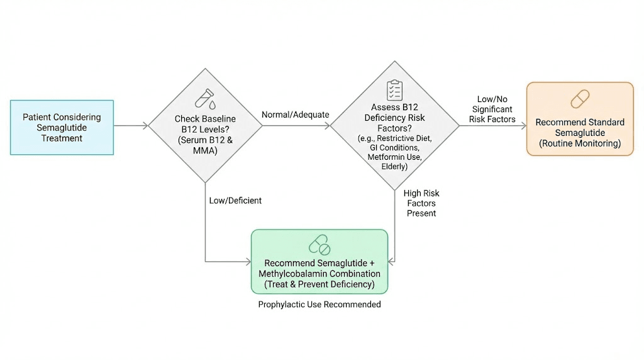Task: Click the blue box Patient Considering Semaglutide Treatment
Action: click(62, 127)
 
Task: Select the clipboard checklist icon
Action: click(394, 90)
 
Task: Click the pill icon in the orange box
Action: click(580, 99)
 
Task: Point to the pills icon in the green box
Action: click(319, 245)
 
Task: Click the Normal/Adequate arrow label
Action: click(295, 115)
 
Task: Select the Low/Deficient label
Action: click(235, 200)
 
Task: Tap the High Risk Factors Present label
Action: click(421, 203)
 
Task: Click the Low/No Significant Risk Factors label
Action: click(492, 110)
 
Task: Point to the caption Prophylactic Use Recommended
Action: click(319, 305)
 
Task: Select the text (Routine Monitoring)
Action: click(580, 143)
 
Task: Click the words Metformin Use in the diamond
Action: click(394, 157)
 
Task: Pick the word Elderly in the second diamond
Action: click(394, 167)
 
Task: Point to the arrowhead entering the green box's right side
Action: click(391, 261)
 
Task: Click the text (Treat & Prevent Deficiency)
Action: click(319, 284)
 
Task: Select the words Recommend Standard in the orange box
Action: click(580, 122)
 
